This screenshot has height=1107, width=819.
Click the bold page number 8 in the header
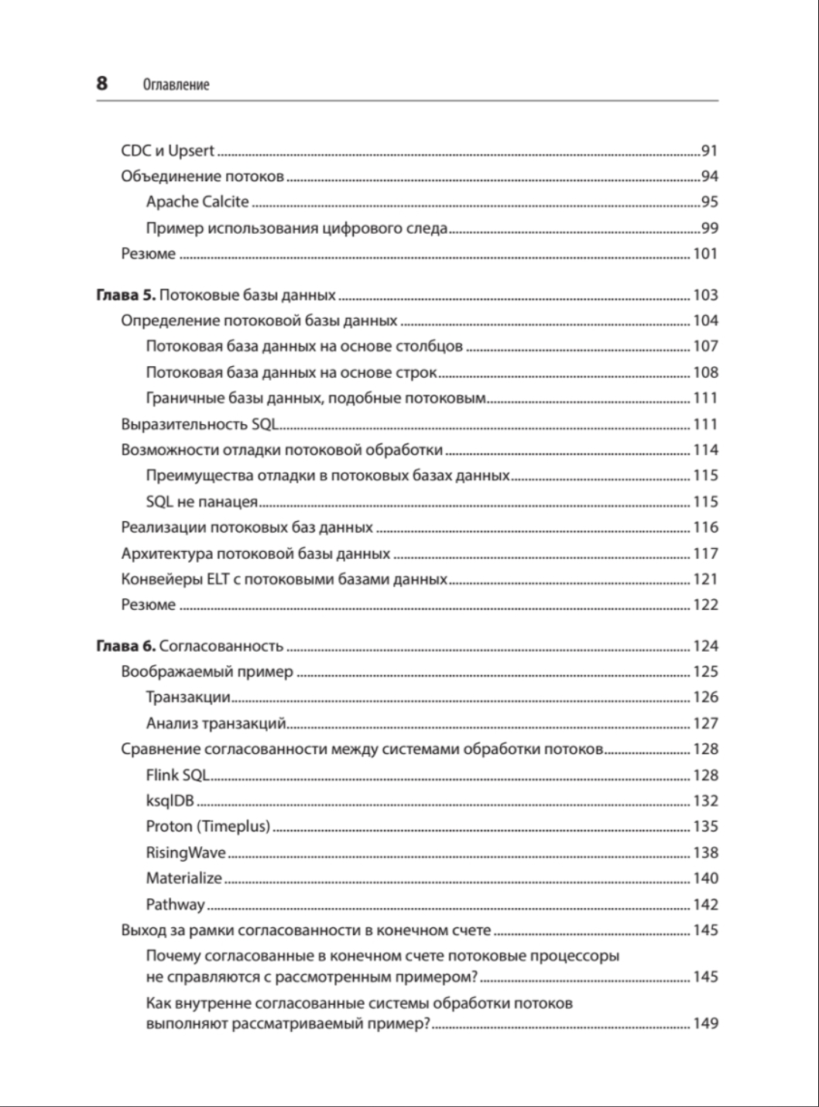tap(102, 84)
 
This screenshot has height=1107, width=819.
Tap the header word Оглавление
tap(176, 84)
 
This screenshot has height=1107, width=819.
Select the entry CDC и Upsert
tap(167, 151)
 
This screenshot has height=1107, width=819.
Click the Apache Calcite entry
tap(197, 202)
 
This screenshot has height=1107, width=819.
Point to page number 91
tap(709, 151)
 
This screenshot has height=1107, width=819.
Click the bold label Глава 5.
tap(125, 295)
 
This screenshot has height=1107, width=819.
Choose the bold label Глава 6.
tap(125, 646)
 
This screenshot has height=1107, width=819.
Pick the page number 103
tap(705, 295)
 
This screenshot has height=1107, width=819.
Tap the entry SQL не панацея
tap(201, 502)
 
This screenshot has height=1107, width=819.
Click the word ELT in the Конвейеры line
tap(218, 579)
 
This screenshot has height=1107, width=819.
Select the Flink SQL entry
tap(177, 775)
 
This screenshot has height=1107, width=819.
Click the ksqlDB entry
tap(170, 801)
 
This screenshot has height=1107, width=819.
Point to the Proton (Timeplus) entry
tap(207, 827)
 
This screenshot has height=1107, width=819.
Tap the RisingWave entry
tap(186, 853)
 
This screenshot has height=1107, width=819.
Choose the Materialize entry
tap(183, 879)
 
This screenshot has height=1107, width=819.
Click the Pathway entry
tap(175, 904)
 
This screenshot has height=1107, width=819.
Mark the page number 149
tap(705, 1023)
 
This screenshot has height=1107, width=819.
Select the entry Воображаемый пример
tap(207, 672)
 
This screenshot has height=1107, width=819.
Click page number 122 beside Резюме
tap(705, 605)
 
